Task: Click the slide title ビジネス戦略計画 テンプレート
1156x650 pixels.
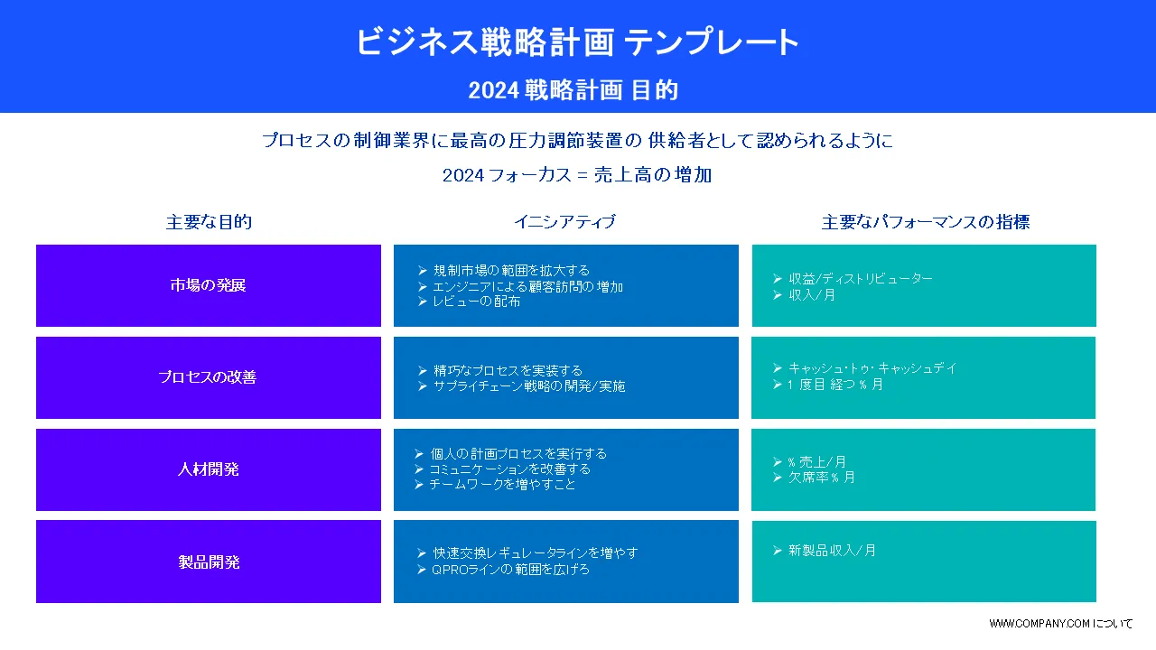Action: click(x=578, y=42)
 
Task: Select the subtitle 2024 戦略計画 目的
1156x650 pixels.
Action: click(x=573, y=90)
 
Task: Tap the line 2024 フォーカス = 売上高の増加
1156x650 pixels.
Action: click(x=577, y=175)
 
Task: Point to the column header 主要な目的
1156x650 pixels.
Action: click(x=209, y=222)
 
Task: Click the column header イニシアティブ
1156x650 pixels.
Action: click(x=565, y=222)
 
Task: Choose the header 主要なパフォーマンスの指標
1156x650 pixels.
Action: click(x=926, y=222)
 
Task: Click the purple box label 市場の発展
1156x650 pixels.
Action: click(x=208, y=284)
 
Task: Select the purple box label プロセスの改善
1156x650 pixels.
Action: click(x=208, y=376)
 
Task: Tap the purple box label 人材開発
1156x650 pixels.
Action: click(x=208, y=469)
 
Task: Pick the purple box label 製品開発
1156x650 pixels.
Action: click(x=209, y=562)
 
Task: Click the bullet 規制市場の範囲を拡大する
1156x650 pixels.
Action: click(x=511, y=270)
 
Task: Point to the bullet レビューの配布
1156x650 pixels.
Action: click(x=476, y=302)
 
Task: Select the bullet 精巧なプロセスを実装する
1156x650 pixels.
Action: click(x=508, y=370)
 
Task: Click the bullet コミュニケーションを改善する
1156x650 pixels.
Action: click(x=510, y=469)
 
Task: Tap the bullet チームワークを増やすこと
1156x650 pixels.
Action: click(x=502, y=485)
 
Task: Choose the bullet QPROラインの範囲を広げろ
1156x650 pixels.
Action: click(x=510, y=569)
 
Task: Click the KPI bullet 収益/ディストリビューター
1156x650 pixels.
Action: click(x=861, y=279)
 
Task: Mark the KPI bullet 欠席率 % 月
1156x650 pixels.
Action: click(x=821, y=478)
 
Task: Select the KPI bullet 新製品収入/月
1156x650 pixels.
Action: click(x=832, y=551)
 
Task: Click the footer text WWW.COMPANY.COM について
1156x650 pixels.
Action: click(x=1060, y=623)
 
